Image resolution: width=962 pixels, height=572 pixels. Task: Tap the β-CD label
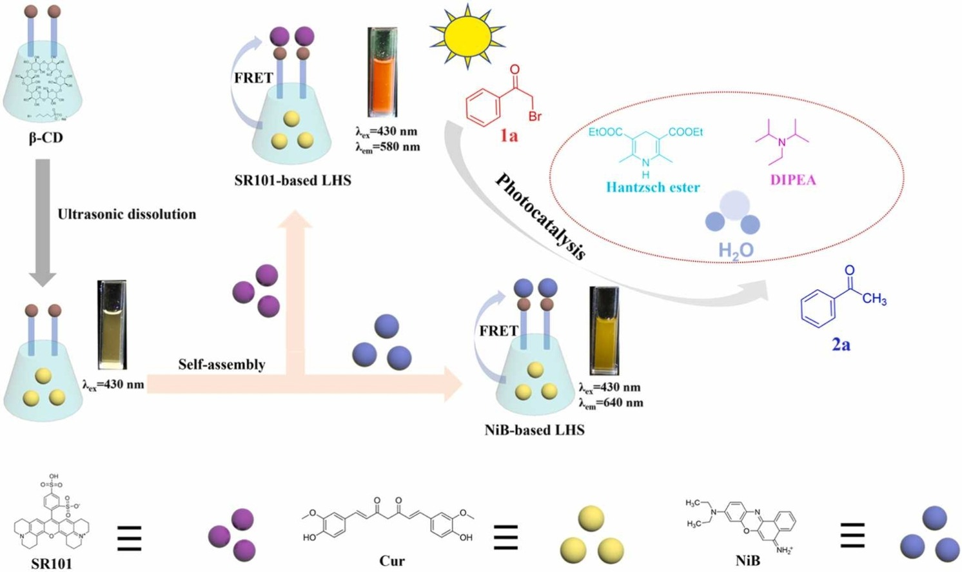coord(46,138)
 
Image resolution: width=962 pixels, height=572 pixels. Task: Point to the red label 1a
coord(509,136)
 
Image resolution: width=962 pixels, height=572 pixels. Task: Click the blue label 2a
coord(840,345)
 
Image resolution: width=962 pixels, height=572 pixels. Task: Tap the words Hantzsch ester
coord(653,188)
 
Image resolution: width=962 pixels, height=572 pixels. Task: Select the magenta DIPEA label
coord(792,180)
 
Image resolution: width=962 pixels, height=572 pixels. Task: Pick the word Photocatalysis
coord(540,217)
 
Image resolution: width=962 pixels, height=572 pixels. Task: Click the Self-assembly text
coord(222,365)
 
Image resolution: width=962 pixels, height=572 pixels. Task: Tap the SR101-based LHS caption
coord(293,181)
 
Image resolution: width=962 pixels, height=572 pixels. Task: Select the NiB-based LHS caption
coord(535,430)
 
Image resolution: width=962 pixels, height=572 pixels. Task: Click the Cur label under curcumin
coord(392,561)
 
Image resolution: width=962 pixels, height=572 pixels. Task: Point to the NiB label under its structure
coord(747,561)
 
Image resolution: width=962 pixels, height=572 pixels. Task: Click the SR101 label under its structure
coord(52,564)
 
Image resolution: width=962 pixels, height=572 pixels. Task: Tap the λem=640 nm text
coord(611,403)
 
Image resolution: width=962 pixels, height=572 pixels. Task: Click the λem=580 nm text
coord(388,147)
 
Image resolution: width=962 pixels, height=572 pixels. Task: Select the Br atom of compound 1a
coord(535,117)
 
